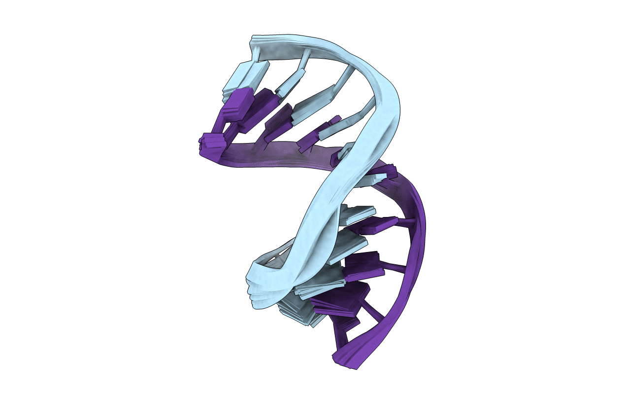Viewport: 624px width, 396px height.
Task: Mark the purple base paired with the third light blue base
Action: [278, 121]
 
